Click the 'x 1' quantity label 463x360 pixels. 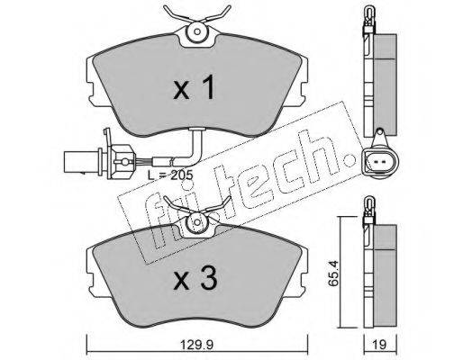(195, 87)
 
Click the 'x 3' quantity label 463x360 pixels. (195, 279)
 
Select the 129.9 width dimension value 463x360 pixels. (197, 345)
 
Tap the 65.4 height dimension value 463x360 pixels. (333, 274)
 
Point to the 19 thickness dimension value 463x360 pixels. (380, 345)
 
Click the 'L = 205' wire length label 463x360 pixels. (170, 175)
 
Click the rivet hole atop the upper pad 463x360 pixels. (197, 31)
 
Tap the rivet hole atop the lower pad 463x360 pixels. (197, 222)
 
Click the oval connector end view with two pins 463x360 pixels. (380, 162)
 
